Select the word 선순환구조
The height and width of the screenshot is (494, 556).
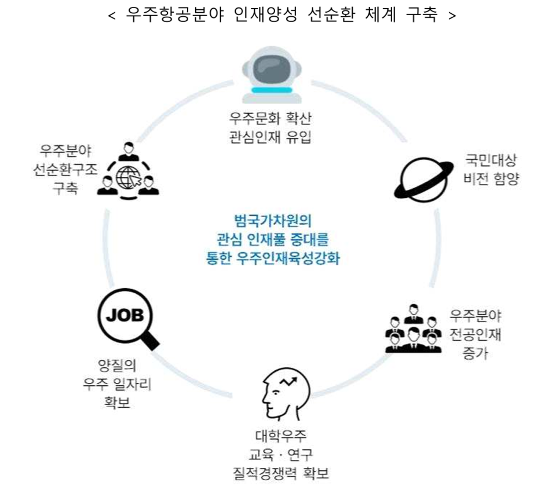click(x=66, y=169)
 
